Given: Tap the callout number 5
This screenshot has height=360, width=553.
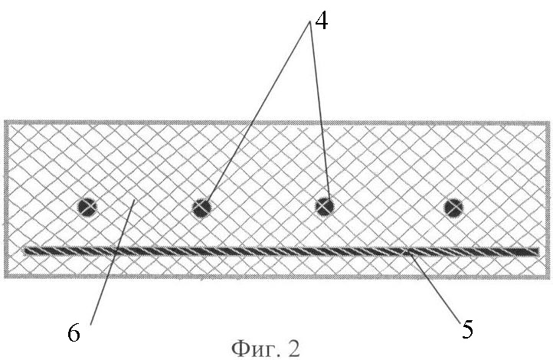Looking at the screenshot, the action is [467, 329].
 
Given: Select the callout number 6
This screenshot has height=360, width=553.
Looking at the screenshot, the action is [74, 332].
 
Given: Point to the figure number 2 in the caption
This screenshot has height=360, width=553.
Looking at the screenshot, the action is [293, 349].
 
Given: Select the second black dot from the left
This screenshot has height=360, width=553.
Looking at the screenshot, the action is [201, 208].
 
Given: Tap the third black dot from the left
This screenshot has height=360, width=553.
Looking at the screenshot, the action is [325, 206].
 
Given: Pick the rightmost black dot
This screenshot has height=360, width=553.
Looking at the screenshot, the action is [453, 208].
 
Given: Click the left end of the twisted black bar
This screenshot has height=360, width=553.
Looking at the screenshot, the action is [25, 250].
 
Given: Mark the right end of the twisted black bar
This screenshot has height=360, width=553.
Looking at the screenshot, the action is [538, 251].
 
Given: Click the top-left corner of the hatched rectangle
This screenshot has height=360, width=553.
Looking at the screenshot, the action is [5, 121].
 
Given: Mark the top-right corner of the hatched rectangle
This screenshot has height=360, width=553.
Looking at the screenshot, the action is [549, 122].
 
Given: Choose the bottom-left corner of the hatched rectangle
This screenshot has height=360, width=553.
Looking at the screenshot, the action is [5, 278].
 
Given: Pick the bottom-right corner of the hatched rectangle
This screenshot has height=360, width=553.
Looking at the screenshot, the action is [549, 279].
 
